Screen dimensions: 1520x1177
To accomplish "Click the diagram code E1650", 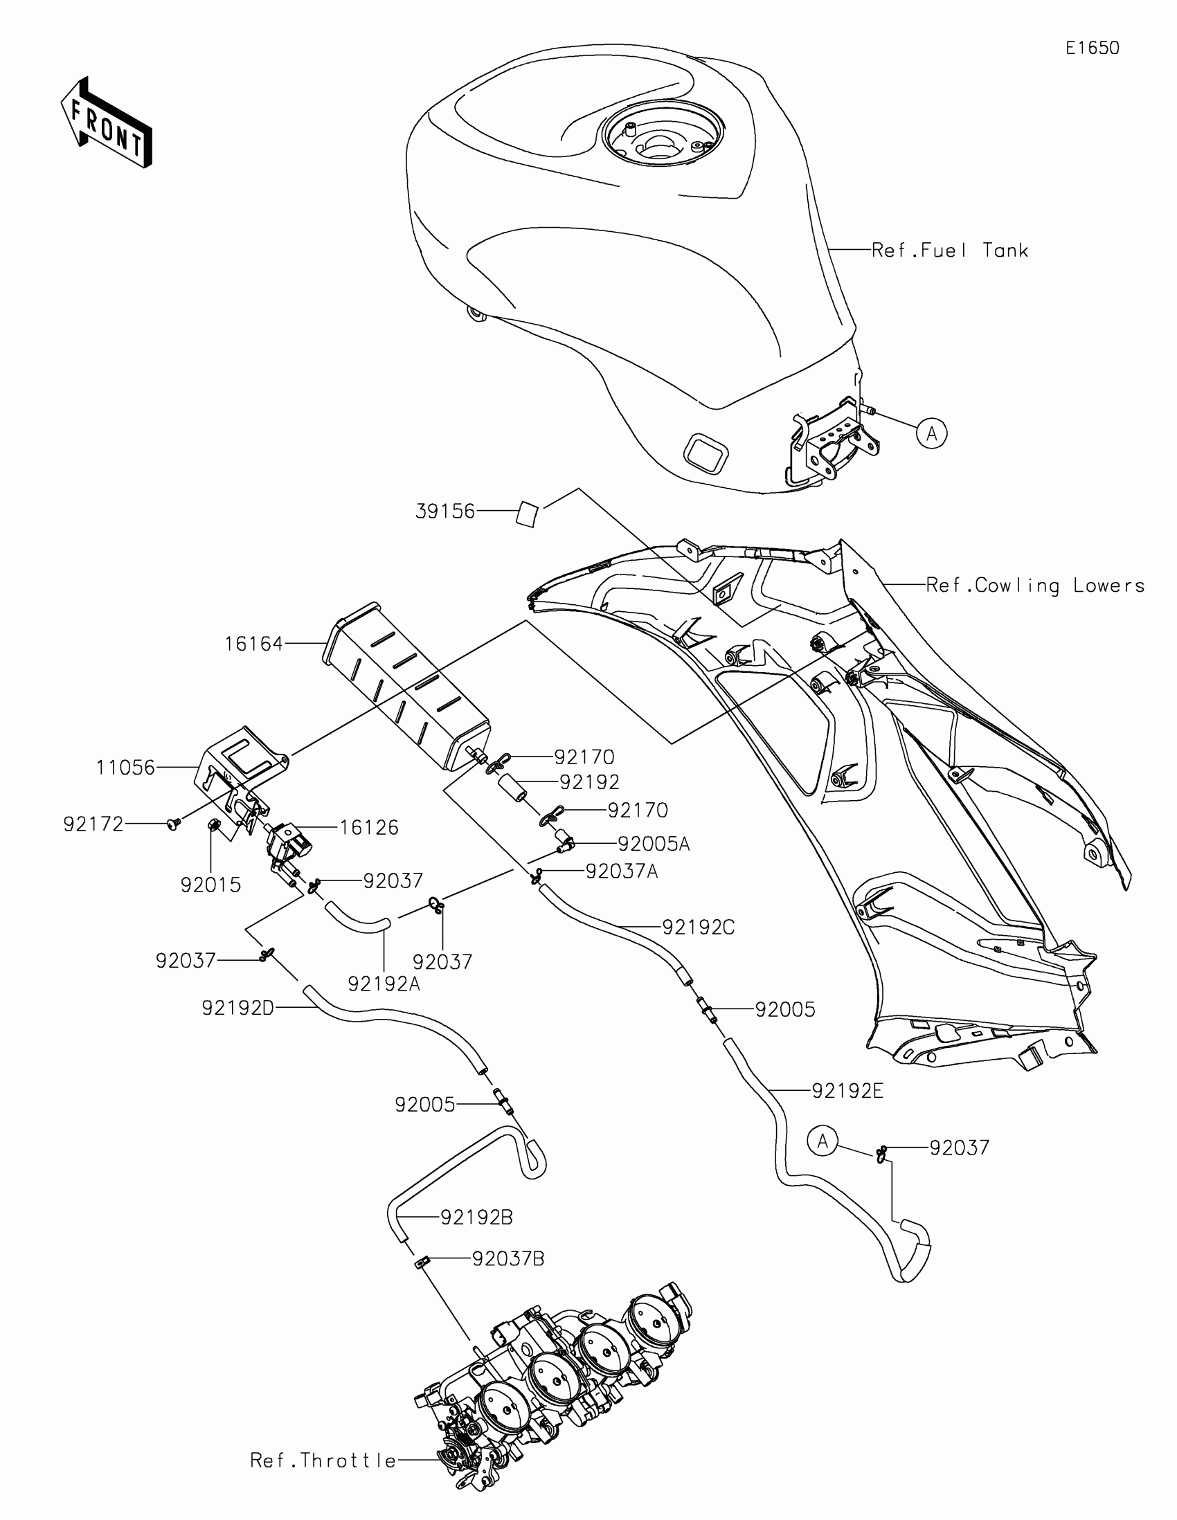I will point(1092,48).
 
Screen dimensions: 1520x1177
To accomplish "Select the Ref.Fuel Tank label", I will point(949,251).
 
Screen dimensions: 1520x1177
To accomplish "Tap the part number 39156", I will point(444,512).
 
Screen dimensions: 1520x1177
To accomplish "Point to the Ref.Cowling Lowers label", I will point(1035,586).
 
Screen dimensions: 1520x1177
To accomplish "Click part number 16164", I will point(253,644).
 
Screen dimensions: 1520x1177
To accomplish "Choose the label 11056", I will point(125,767).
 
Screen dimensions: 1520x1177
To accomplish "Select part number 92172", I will point(93,824).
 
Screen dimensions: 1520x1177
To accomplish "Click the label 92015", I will point(210,885).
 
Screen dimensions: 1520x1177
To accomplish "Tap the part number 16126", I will point(369,828).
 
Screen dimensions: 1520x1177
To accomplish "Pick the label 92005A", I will point(654,844).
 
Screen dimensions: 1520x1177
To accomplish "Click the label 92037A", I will point(621,871).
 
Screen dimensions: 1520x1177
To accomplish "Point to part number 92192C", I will point(698,927).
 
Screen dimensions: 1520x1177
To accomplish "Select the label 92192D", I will point(238,1008).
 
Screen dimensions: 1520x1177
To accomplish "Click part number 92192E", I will point(847,1092).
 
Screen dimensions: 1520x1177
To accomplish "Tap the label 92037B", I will point(508,1259).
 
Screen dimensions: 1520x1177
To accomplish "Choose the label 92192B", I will point(477,1218).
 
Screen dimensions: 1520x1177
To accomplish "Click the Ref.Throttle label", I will point(323,1461).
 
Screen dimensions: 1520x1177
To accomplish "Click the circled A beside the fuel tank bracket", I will point(931,433).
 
